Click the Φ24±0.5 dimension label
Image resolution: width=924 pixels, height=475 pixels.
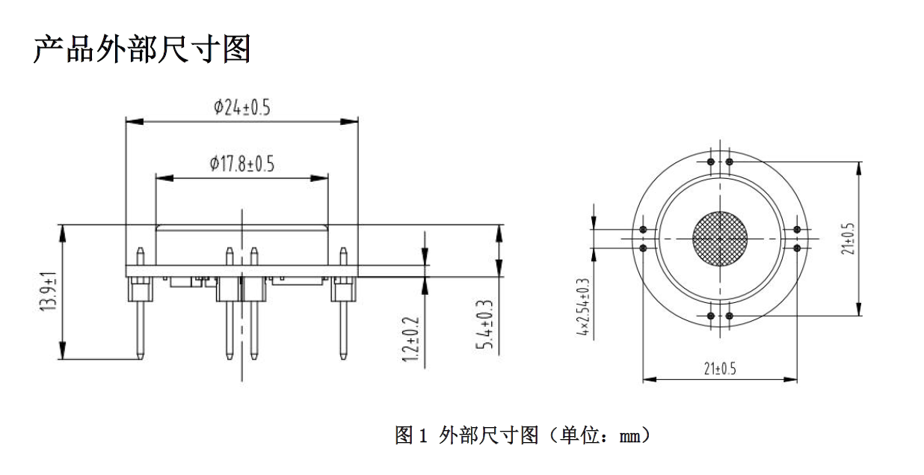tap(242, 107)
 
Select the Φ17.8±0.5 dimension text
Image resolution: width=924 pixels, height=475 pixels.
tap(242, 164)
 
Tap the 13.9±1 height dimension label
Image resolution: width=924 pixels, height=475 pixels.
tap(49, 291)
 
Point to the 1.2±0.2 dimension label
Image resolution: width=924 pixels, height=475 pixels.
tap(411, 340)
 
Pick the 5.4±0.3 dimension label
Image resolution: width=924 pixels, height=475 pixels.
tap(484, 325)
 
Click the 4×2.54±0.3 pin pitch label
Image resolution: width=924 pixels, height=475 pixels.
tap(583, 307)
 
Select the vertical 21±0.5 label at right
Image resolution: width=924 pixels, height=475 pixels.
tap(848, 239)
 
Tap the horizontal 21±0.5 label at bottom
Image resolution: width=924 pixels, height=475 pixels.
tap(720, 369)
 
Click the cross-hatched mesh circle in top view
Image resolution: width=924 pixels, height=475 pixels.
tap(720, 239)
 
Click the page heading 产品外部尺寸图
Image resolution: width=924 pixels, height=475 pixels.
tap(142, 49)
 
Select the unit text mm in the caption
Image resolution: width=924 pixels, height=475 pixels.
tap(629, 437)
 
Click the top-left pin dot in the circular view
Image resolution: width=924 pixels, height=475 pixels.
tap(711, 162)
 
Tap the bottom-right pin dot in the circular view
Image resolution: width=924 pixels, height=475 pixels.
tap(730, 316)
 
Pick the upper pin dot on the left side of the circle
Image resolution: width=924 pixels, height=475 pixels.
tap(643, 230)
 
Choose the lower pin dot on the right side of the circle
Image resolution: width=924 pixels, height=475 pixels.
tap(797, 248)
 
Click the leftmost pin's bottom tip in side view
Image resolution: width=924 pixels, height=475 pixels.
tap(141, 358)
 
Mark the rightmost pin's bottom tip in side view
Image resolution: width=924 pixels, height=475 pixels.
tap(343, 358)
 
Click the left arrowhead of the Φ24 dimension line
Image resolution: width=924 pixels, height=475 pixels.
tap(135, 122)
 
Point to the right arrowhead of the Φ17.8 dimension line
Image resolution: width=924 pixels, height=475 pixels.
tap(319, 178)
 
